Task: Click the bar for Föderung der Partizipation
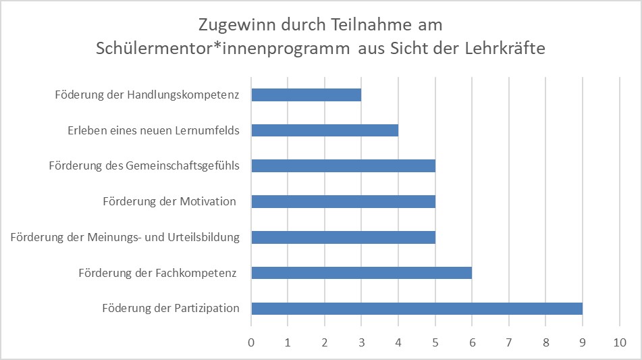(x=417, y=309)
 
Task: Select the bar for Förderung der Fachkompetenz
(x=361, y=273)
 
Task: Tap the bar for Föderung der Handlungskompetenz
(x=306, y=95)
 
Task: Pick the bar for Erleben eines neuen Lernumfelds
(x=325, y=130)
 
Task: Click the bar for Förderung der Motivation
(x=343, y=201)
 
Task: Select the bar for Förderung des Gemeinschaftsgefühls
(x=343, y=166)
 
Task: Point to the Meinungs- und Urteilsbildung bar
(x=343, y=237)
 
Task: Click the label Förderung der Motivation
(x=169, y=201)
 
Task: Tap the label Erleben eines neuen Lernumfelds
(x=153, y=130)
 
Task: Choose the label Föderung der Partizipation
(x=171, y=309)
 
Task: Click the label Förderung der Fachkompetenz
(x=157, y=273)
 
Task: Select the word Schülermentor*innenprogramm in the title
(x=223, y=49)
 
